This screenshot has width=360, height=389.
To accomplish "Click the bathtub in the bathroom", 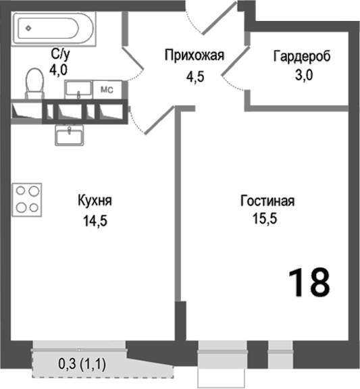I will coord(51,29).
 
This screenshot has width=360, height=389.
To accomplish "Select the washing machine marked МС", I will coord(106,89).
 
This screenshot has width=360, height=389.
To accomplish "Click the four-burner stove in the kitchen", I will coord(28,199).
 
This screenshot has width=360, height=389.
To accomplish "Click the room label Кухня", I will coord(95,201).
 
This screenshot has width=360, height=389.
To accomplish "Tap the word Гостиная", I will coord(267,201).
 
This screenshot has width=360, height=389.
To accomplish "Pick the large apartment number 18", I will coord(309,282).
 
